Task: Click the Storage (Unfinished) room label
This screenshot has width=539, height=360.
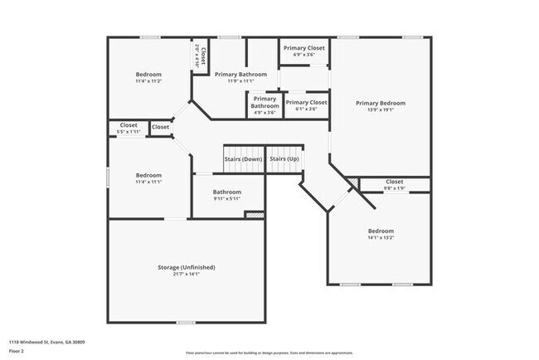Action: point(187,267)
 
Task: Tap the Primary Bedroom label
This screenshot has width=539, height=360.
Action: point(381,103)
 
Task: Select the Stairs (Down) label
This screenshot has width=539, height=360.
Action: point(243,158)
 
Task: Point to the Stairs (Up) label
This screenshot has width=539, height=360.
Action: point(284,158)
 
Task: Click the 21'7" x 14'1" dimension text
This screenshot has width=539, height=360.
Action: point(187,275)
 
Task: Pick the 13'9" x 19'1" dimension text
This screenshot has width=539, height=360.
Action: point(381,110)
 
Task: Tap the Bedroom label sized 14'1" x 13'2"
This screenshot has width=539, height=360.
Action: point(381,231)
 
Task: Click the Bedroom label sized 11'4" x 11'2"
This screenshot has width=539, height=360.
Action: point(148,74)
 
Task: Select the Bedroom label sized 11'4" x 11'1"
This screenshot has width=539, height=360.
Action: point(148,175)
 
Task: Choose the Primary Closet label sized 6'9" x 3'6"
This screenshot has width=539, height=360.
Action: point(304,48)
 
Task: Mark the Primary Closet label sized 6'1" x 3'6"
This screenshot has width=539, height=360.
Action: point(307,102)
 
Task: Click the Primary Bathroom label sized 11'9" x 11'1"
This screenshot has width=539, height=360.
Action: point(240,74)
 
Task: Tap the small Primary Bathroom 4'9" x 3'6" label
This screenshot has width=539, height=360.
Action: point(265,102)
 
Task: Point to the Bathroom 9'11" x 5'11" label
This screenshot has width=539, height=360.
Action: point(227,192)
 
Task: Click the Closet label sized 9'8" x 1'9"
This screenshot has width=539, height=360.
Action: point(394,181)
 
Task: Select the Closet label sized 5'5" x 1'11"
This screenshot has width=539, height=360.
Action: point(129,126)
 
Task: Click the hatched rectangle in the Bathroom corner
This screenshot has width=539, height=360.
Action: point(254,215)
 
